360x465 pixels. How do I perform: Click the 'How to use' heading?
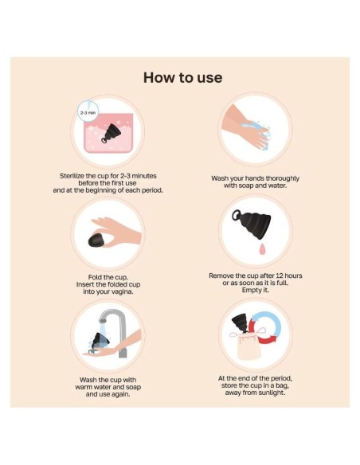point(182,77)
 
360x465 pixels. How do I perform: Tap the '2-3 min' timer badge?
point(88,111)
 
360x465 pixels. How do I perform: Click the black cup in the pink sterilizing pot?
point(110,133)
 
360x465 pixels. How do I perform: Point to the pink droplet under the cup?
point(262,249)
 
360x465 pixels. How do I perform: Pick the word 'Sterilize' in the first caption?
point(72,176)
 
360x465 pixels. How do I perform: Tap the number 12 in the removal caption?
point(280,275)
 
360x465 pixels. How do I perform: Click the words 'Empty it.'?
point(256,290)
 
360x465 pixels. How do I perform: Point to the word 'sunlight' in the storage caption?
point(272,393)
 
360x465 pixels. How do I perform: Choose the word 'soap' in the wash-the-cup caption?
point(134,387)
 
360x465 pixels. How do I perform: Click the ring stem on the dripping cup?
point(237,216)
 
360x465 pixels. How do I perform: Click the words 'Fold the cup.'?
point(108,277)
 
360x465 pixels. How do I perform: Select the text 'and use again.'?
point(108,394)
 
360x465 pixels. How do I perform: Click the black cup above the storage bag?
point(241,322)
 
